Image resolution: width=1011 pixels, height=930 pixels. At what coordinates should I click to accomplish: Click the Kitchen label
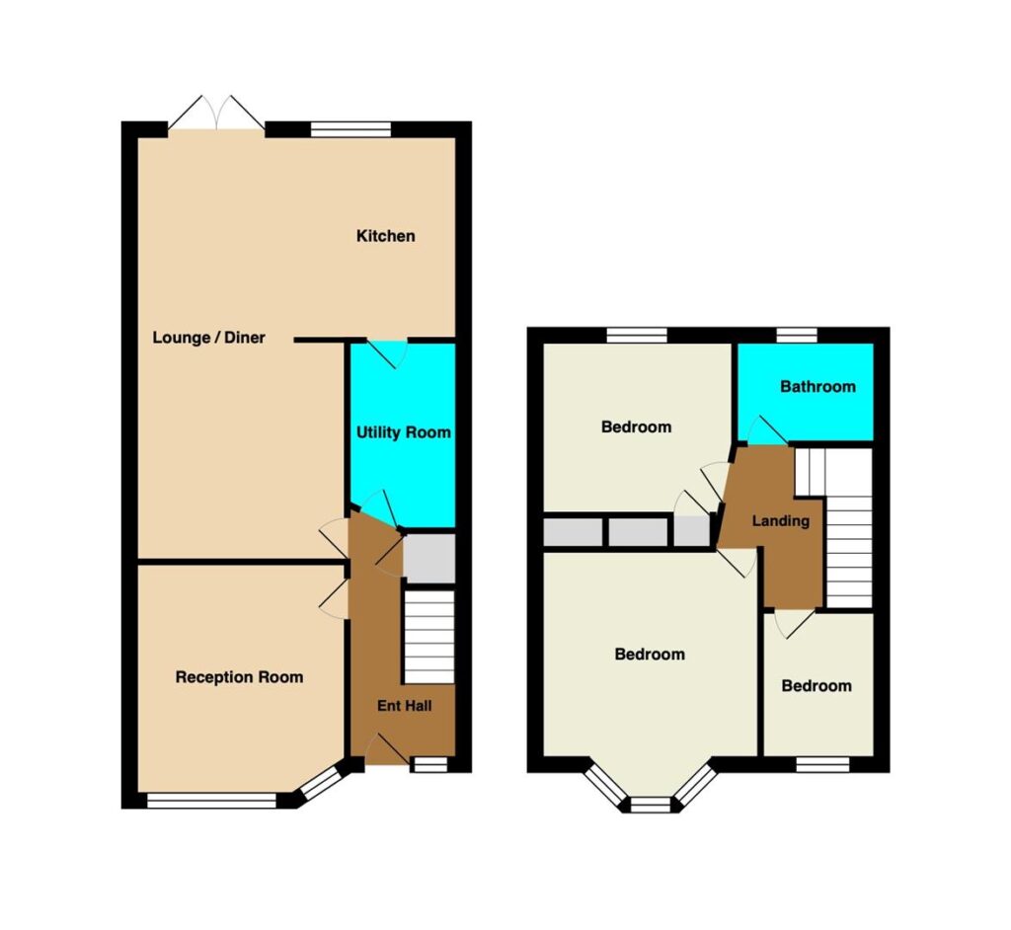coord(386,236)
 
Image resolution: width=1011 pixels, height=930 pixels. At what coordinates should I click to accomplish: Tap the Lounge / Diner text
coord(209,338)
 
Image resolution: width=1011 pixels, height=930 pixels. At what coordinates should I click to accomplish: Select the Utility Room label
coord(404,432)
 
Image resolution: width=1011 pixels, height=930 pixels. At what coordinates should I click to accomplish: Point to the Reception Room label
coord(239,677)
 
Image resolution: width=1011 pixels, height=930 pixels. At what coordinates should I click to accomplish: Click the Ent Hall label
coord(404,706)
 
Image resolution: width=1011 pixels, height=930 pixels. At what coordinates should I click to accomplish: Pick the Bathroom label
coord(817,386)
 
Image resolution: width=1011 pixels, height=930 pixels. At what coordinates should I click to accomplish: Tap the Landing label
coord(781,520)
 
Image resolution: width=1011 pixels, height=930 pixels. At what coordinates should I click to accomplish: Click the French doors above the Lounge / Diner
coord(216,116)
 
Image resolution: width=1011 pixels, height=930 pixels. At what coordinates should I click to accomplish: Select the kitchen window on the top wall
coord(350,129)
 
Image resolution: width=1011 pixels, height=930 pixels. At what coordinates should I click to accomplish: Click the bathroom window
coord(797,335)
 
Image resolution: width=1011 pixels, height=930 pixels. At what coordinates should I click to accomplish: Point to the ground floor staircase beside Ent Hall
coord(428,637)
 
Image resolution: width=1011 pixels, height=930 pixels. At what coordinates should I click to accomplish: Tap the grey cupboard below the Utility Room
coord(428,559)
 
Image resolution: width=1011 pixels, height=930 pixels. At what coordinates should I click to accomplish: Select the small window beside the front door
coord(429,764)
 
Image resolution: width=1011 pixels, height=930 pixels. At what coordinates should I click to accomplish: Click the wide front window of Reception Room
coord(211,801)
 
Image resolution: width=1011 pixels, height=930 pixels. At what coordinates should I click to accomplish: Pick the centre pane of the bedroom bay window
coord(651,805)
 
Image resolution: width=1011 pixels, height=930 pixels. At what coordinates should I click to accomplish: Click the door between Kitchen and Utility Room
coord(388,353)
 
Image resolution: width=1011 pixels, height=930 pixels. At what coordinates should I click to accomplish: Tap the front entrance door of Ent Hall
coord(386,749)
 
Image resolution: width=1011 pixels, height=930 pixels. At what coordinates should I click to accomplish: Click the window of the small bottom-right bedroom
coord(822,764)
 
